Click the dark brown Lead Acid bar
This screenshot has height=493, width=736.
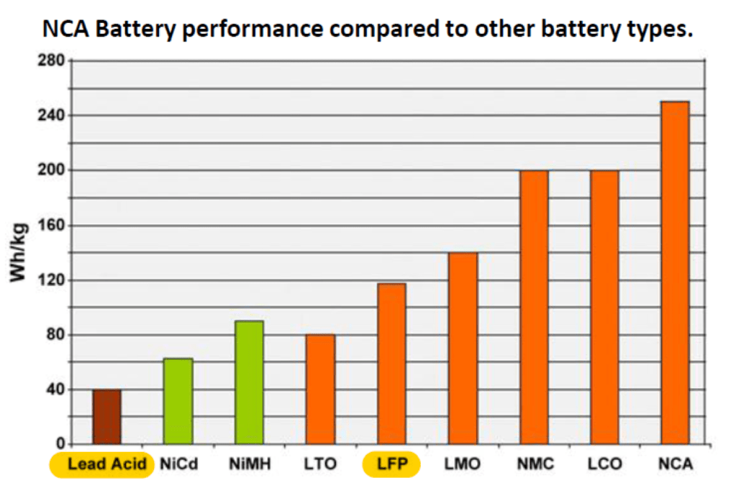[x=106, y=417]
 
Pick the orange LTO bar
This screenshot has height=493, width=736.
[x=320, y=389]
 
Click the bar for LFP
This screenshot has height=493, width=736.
[x=391, y=364]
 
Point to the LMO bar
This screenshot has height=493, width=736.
[x=463, y=349]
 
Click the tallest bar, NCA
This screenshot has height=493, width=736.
[x=675, y=273]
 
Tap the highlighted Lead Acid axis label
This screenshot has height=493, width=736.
[x=101, y=464]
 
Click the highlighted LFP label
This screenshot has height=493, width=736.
[x=392, y=464]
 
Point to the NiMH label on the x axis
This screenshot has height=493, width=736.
[x=250, y=464]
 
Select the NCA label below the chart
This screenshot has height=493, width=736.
[x=675, y=464]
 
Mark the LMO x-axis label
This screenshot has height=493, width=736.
[x=462, y=464]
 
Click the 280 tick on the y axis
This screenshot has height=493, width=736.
[x=50, y=60]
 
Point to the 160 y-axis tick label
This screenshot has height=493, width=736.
[x=50, y=225]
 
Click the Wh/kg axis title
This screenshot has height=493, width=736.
[x=19, y=253]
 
